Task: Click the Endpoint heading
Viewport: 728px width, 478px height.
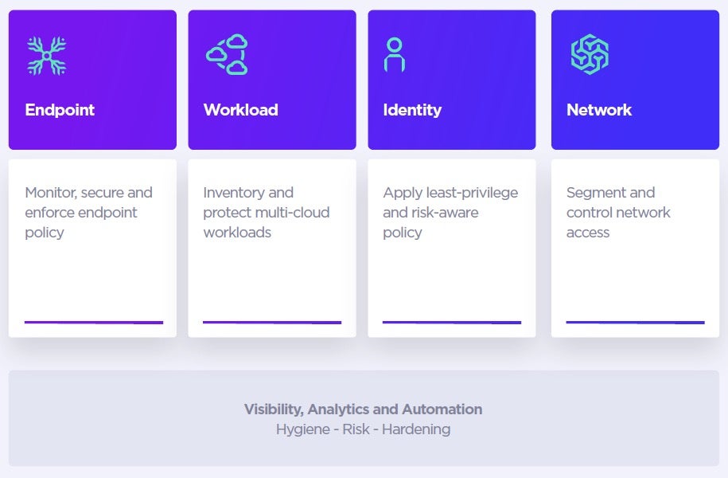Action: [60, 110]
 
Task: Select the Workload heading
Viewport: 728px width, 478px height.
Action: [240, 110]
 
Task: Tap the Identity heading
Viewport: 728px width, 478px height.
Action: [412, 110]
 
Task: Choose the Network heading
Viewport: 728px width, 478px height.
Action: [599, 110]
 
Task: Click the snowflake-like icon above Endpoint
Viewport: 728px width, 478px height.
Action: [46, 56]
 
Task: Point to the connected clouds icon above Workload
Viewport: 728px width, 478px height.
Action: [228, 54]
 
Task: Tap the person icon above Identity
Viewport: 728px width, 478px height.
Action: [394, 55]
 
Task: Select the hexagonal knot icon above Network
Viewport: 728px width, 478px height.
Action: [590, 55]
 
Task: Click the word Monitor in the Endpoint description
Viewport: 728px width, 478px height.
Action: [50, 193]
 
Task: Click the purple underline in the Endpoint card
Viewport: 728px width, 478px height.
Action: [94, 323]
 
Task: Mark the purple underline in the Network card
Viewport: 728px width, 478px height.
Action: [635, 323]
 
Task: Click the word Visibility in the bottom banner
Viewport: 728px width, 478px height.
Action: [272, 409]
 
